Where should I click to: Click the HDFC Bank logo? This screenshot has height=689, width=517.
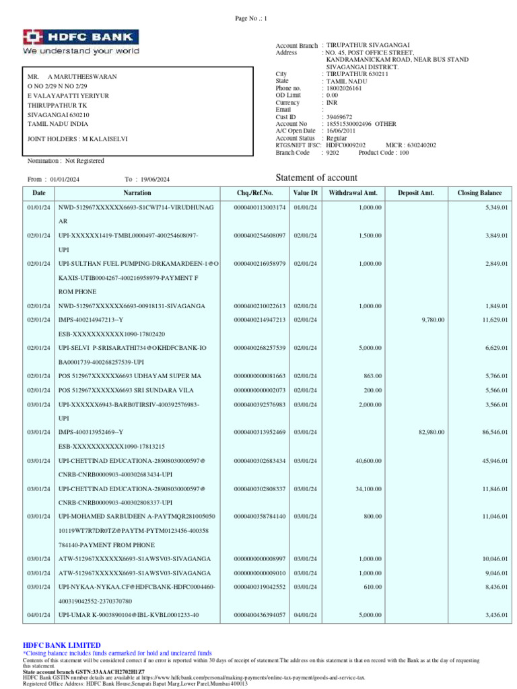pos(81,41)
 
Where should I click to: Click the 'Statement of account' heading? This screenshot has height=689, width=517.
pos(316,178)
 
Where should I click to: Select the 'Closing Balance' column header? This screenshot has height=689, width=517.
pos(479,193)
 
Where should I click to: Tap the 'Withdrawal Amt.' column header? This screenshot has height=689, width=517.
pos(353,193)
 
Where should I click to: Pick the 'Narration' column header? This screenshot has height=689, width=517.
pos(137,193)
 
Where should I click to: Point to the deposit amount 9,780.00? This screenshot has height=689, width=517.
pos(432,320)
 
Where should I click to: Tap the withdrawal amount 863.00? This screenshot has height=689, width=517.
pos(372,375)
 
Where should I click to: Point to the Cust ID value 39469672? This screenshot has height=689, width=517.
pos(339,117)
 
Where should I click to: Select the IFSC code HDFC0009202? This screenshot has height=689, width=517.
pos(346,145)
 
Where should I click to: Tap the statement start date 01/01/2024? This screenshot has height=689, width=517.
pos(65,180)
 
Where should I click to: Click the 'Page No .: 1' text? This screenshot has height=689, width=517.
pos(251,18)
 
